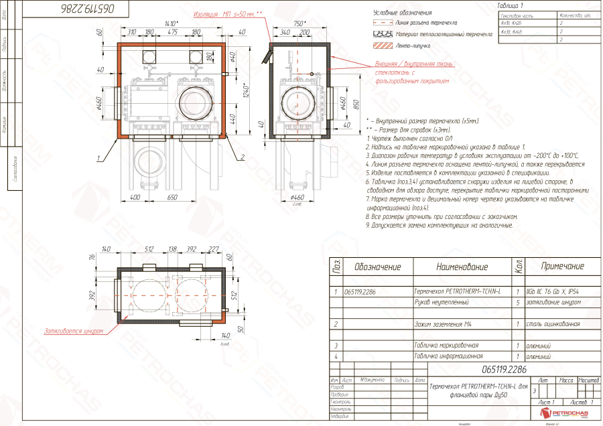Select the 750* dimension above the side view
click(299, 23)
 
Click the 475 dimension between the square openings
click(172, 31)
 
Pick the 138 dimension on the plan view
click(172, 248)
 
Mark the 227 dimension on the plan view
click(214, 248)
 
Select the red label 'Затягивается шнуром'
click(73, 331)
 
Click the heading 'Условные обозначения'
click(402, 13)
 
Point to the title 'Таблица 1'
click(512, 5)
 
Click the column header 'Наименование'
click(462, 267)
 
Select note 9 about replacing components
click(440, 225)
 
